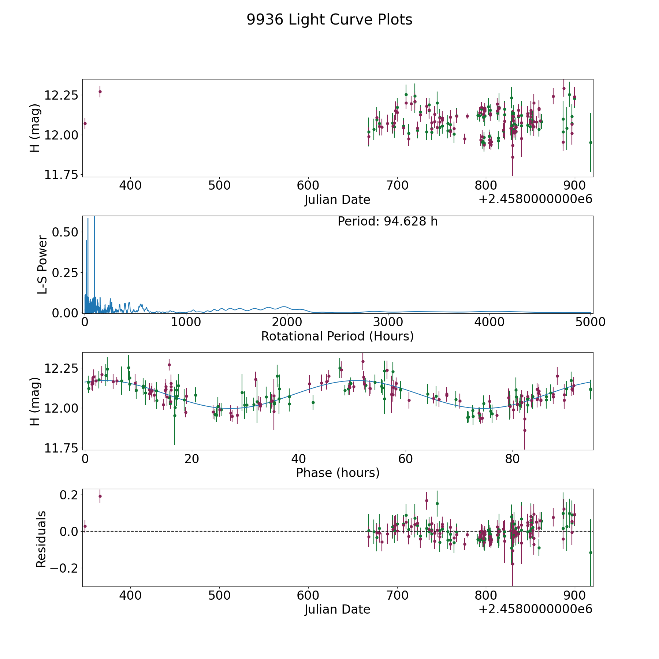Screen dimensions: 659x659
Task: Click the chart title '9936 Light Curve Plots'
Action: coord(329,20)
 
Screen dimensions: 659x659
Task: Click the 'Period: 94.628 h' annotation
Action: coord(387,221)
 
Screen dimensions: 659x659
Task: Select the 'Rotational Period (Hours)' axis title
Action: coord(337,336)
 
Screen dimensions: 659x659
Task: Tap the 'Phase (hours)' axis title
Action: coord(337,473)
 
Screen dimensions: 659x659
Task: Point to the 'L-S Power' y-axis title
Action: coord(42,265)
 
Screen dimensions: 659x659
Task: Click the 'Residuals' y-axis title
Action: coord(41,539)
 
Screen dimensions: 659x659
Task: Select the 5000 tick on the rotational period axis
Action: coord(591,322)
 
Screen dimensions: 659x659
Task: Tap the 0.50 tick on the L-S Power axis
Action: coord(65,232)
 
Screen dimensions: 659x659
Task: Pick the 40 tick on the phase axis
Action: coord(299,459)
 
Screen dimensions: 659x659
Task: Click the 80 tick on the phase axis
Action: coord(512,459)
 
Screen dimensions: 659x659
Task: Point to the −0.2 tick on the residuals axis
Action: coord(62,568)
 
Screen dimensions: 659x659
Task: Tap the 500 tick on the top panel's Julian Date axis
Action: coord(219,186)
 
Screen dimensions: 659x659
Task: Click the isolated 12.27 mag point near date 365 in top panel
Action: coord(100,92)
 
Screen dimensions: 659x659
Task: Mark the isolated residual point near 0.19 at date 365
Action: coord(100,496)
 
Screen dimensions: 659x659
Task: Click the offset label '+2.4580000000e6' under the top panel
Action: coord(535,199)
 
